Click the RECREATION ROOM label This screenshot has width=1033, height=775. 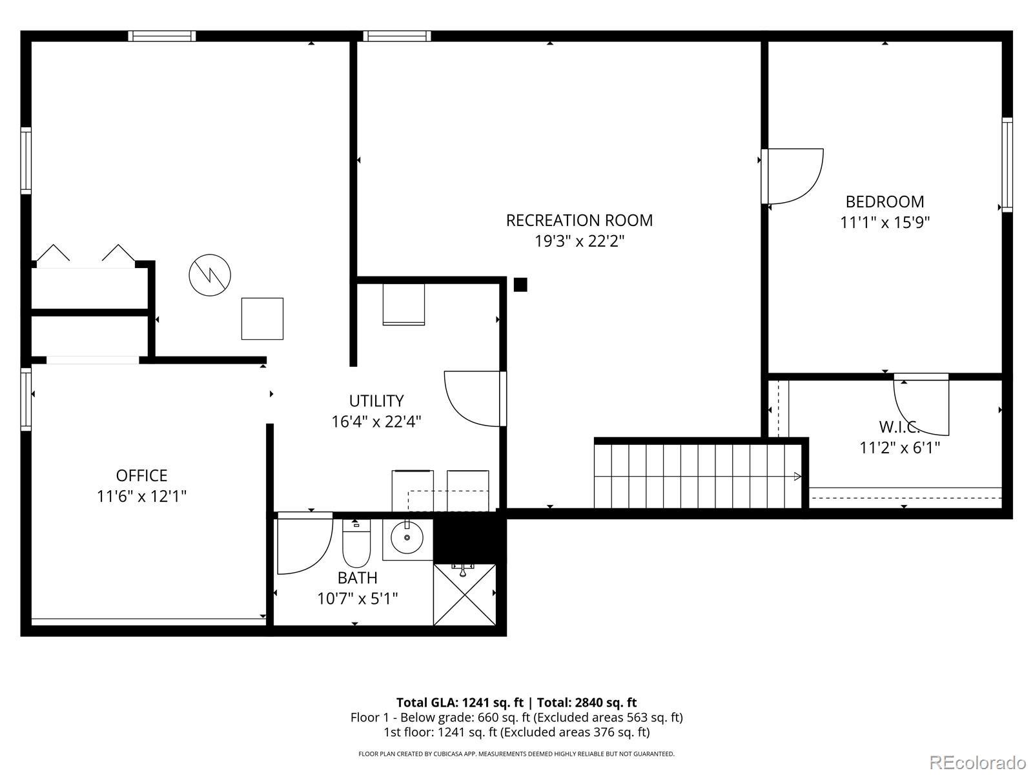[x=579, y=220]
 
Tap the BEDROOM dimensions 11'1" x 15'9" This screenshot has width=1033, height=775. [x=885, y=223]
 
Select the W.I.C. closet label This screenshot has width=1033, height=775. [x=899, y=427]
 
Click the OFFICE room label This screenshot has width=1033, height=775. [x=141, y=475]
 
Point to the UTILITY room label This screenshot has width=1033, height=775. [x=376, y=401]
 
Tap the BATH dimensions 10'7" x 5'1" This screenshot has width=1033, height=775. [x=357, y=599]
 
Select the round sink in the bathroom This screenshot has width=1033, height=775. [x=407, y=537]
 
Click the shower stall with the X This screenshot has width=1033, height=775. [x=464, y=595]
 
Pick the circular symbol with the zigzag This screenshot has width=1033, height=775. [x=210, y=275]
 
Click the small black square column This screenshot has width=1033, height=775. [x=520, y=285]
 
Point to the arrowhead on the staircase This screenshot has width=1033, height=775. [x=798, y=476]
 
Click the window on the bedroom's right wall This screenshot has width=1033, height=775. [x=1007, y=165]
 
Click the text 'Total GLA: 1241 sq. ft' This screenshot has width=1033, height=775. [x=459, y=703]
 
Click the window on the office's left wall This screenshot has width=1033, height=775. [x=26, y=400]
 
